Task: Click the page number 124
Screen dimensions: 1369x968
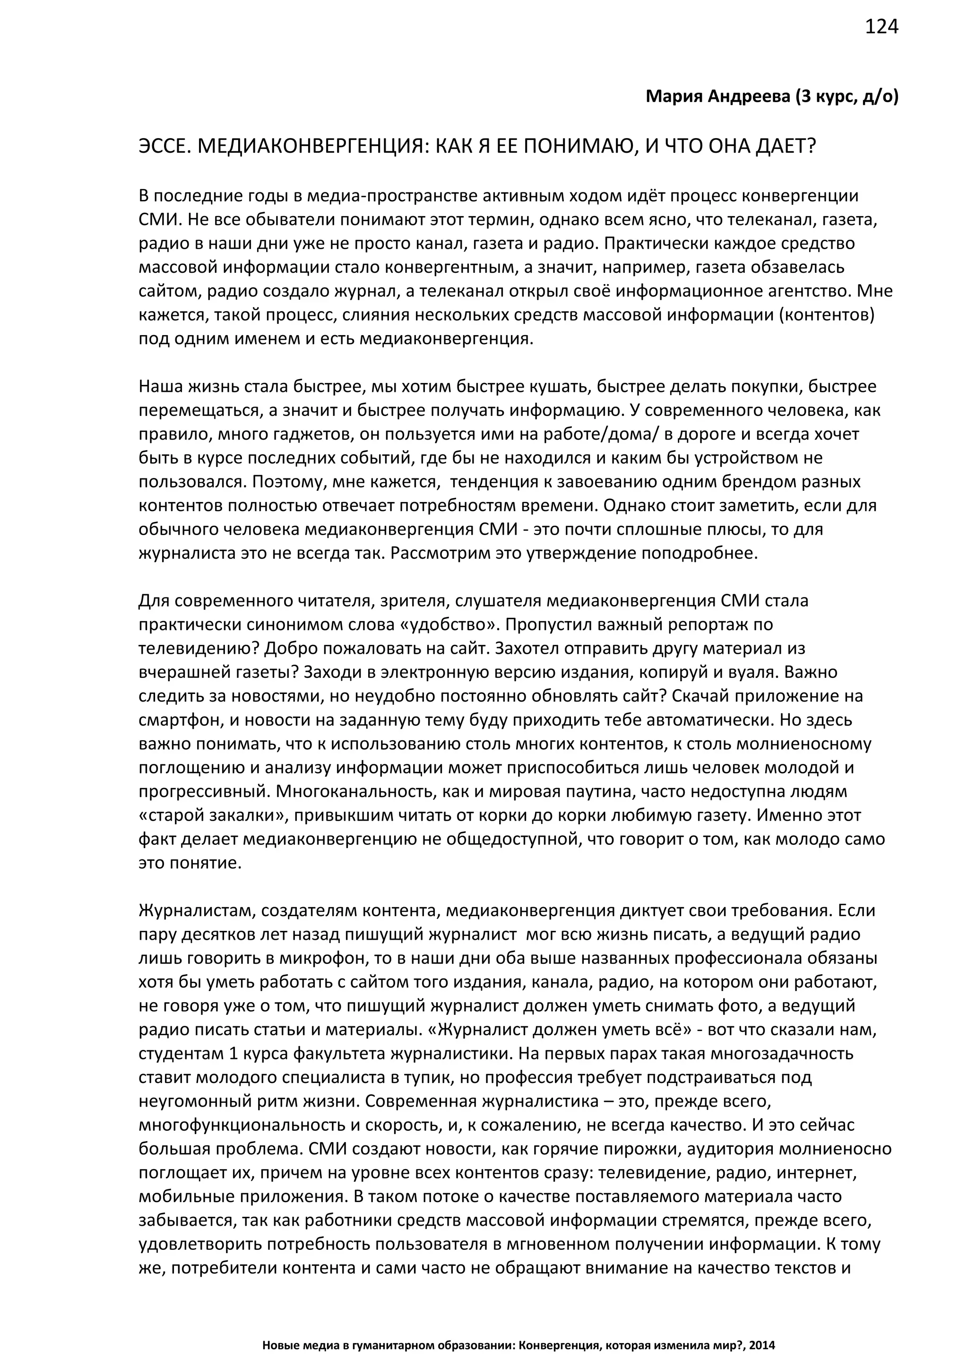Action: click(881, 27)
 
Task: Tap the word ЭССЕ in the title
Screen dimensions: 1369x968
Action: click(162, 146)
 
